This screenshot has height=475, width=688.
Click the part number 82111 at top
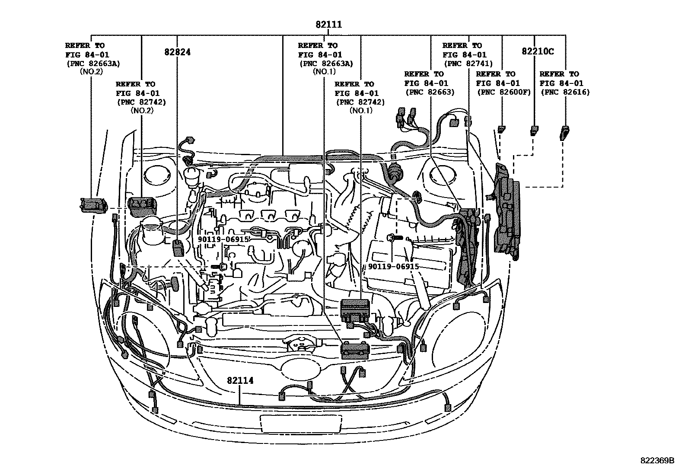click(x=328, y=25)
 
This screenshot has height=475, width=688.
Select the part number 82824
click(x=177, y=52)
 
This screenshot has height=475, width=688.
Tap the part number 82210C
click(x=538, y=51)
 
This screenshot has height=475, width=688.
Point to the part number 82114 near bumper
click(x=240, y=380)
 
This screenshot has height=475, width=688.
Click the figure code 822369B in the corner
click(x=657, y=460)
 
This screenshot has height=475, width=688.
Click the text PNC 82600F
click(x=503, y=92)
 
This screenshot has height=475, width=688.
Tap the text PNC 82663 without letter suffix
click(x=430, y=92)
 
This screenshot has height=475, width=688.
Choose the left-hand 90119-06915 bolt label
click(x=223, y=239)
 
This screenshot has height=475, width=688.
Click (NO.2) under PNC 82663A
click(x=91, y=72)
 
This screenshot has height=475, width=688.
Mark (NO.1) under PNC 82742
click(x=360, y=111)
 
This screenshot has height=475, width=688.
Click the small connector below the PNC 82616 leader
click(x=564, y=131)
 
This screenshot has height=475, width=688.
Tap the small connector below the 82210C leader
click(x=535, y=130)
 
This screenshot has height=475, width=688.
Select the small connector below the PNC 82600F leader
click(x=501, y=129)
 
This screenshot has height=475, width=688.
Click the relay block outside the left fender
click(x=94, y=205)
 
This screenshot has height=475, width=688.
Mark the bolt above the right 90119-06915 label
click(x=395, y=237)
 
